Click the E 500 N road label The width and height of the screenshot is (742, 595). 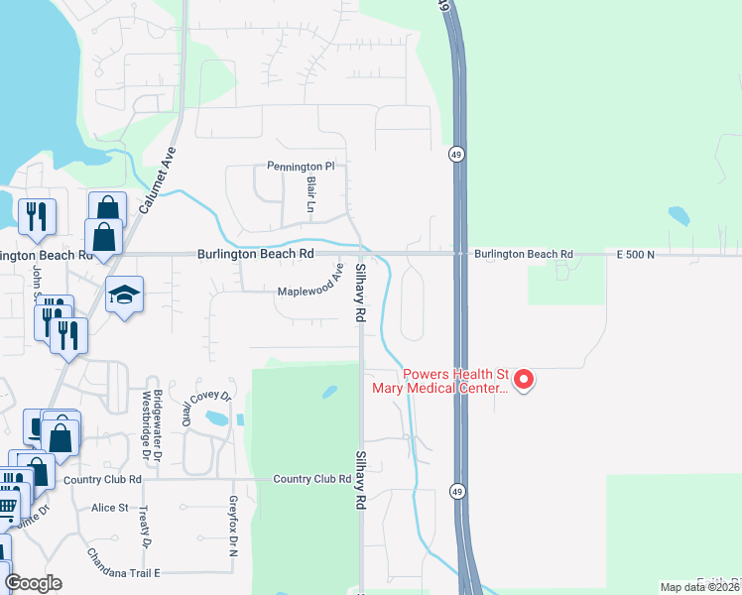[x=637, y=255]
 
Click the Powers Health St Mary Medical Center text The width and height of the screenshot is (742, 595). [x=454, y=382]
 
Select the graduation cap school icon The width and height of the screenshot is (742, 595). [x=124, y=295]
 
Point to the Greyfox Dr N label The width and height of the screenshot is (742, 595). [x=234, y=525]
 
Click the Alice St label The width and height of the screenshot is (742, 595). [x=110, y=508]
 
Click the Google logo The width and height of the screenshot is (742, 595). [x=33, y=583]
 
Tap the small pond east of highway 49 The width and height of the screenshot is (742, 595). [x=679, y=215]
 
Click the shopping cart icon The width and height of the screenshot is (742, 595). [x=6, y=506]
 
